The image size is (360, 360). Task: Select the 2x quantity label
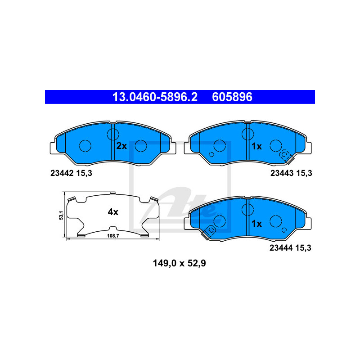[121, 146]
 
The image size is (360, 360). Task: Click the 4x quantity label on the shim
[112, 211]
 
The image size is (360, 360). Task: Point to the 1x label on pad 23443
[256, 146]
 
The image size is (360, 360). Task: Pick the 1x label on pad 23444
[256, 223]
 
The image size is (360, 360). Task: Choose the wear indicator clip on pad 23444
[209, 231]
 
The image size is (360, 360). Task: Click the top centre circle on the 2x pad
[112, 133]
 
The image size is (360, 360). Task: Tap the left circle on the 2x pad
[85, 146]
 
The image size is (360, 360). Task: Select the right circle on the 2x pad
[141, 146]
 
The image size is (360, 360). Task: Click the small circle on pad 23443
[211, 155]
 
